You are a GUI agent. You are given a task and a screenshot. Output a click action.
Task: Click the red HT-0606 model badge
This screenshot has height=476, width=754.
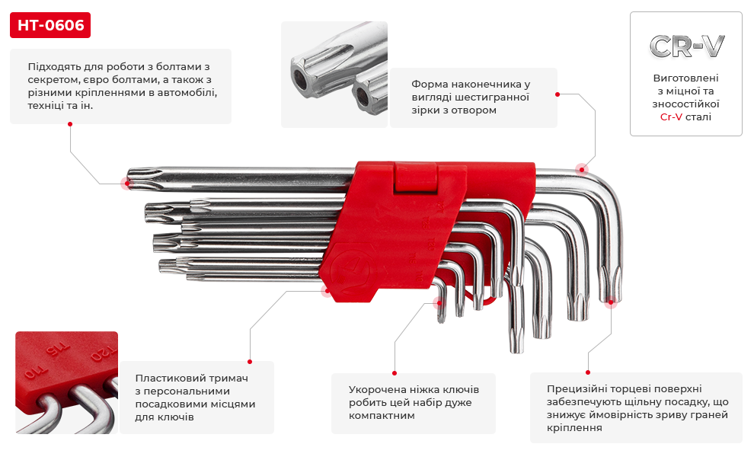click(x=50, y=25)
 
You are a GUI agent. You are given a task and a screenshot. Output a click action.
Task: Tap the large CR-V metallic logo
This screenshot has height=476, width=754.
click(x=686, y=46)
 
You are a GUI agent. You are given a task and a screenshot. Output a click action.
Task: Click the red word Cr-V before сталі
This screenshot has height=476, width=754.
click(x=671, y=117)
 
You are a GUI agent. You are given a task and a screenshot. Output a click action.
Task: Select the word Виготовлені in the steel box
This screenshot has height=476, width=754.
click(x=685, y=78)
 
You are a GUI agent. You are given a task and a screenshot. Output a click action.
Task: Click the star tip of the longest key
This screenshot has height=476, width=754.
click(x=139, y=178)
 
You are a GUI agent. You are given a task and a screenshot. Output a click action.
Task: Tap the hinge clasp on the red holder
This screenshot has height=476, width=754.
click(x=416, y=177)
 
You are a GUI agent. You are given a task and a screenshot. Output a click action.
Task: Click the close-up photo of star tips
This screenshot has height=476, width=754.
click(x=334, y=75)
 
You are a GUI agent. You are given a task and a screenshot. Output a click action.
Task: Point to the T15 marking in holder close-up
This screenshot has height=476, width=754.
click(x=57, y=351)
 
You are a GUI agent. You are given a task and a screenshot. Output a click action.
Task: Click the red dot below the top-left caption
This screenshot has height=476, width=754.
click(x=70, y=124)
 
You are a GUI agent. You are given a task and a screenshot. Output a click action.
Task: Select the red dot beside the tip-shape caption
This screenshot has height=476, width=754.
click(x=558, y=94)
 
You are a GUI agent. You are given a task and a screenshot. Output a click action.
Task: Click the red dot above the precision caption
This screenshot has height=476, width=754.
click(x=588, y=372)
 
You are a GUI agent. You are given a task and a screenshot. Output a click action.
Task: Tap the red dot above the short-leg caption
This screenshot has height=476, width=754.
click(x=395, y=373)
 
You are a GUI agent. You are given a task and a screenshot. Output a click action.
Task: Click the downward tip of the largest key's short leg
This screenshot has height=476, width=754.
click(x=610, y=302)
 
